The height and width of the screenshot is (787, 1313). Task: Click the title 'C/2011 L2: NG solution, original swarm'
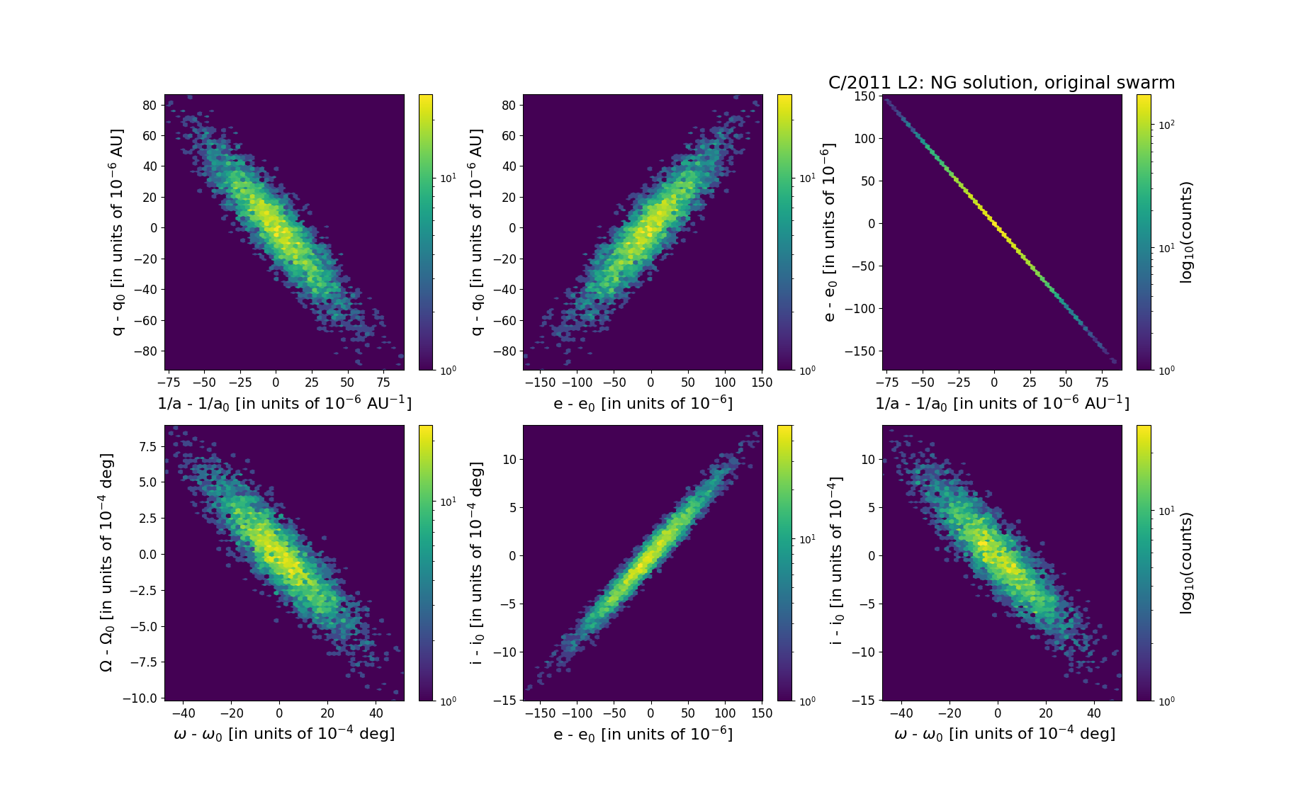tap(1001, 83)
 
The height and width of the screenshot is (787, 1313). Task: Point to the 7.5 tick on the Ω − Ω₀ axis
tap(147, 446)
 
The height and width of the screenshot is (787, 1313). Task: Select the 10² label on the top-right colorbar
tap(1166, 125)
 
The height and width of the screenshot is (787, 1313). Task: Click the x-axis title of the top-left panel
tap(284, 403)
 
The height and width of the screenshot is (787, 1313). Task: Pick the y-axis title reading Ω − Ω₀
tap(106, 562)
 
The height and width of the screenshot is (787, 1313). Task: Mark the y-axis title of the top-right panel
tap(829, 232)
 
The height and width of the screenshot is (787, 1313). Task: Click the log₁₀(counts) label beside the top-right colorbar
tap(1186, 232)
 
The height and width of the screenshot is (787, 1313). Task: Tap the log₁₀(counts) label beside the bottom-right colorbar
tap(1186, 562)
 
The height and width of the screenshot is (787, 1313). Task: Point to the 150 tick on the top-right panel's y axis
tap(864, 96)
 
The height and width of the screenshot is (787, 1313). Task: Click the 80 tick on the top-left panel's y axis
tap(150, 105)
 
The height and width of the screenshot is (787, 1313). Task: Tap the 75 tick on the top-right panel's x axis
tap(1101, 383)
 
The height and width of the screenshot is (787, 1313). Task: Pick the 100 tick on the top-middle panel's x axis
tap(725, 383)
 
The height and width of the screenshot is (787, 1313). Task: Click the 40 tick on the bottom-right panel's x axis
tap(1094, 713)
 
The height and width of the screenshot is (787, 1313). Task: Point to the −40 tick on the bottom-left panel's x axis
tap(184, 713)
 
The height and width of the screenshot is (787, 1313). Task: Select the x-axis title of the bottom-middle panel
tap(643, 734)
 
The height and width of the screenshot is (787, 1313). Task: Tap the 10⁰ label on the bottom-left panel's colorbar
tap(448, 701)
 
